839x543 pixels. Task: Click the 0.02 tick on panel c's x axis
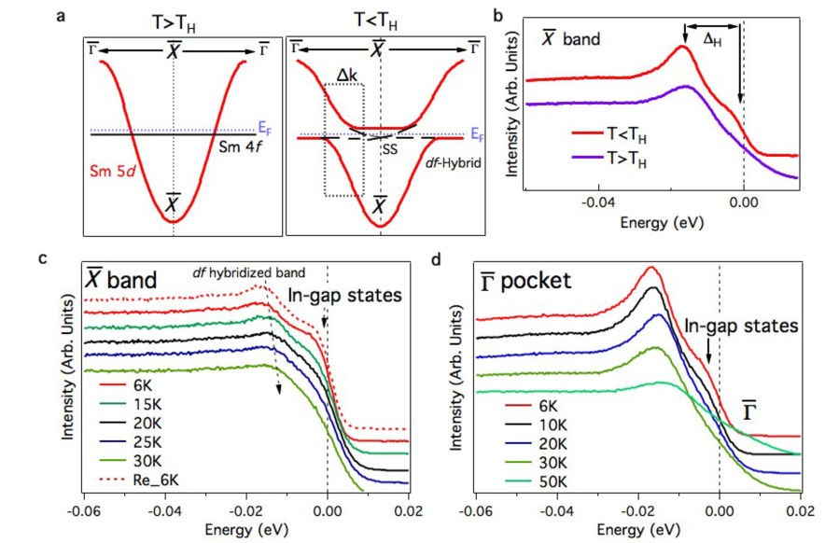407,513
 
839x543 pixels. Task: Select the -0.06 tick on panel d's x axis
478,513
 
